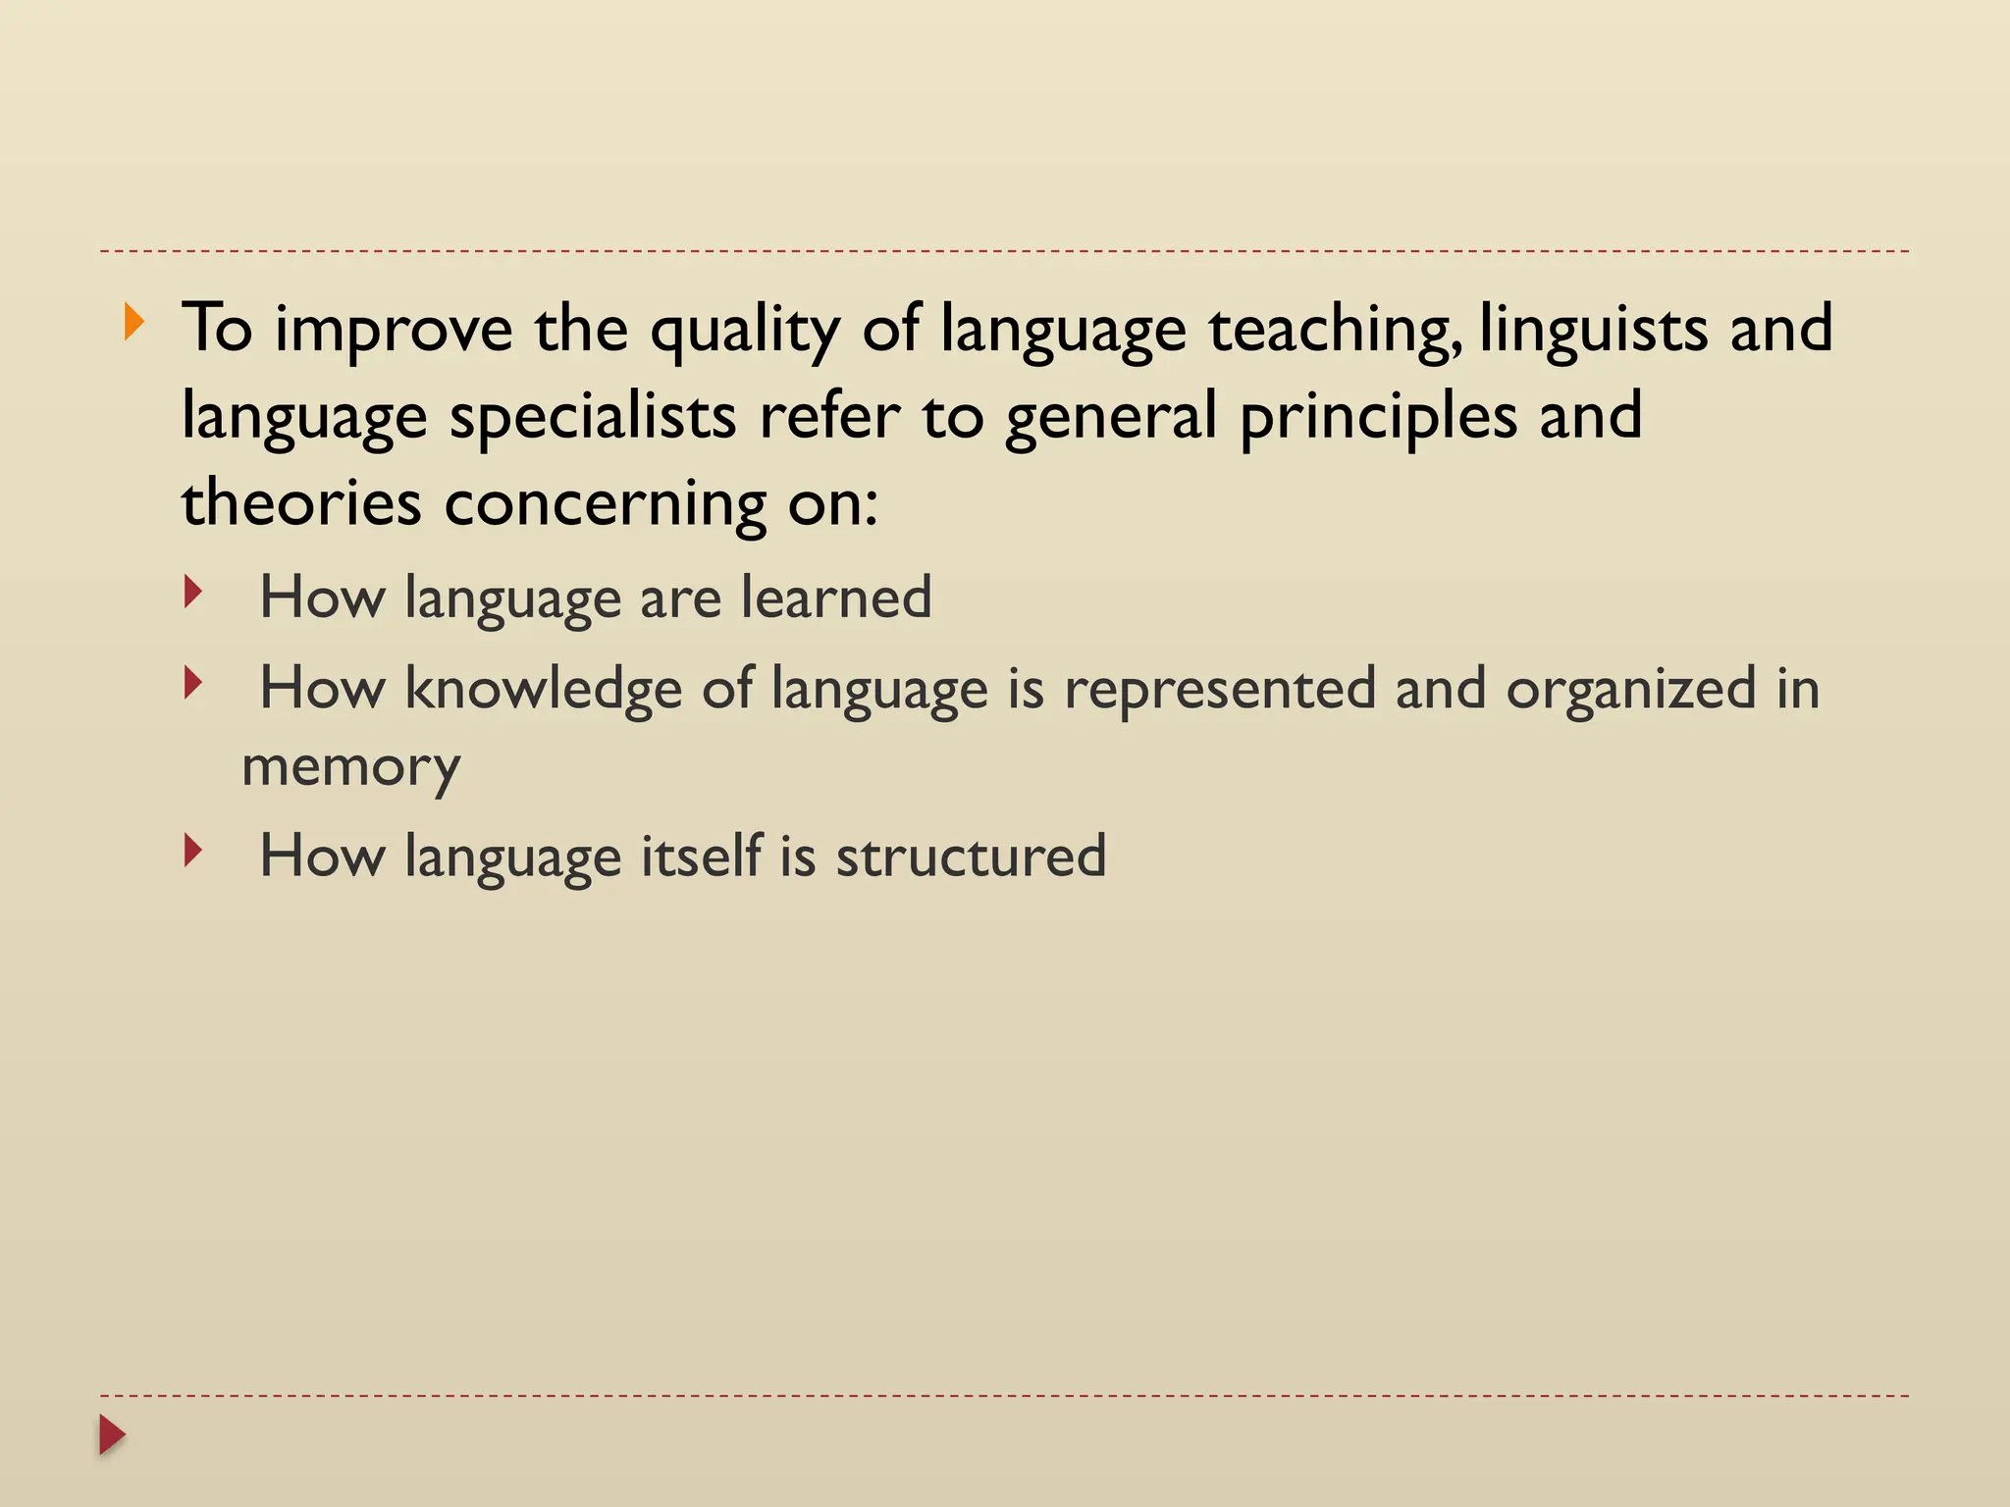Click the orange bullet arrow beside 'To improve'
pyautogui.click(x=134, y=323)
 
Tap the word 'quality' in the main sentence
pyautogui.click(x=745, y=331)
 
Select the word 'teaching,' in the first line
pyautogui.click(x=1335, y=331)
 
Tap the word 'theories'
pyautogui.click(x=301, y=503)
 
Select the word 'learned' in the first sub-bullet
pyautogui.click(x=835, y=598)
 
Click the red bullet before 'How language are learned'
pyautogui.click(x=193, y=592)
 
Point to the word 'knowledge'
pyautogui.click(x=543, y=688)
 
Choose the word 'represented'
pyautogui.click(x=1220, y=690)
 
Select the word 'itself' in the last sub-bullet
pyautogui.click(x=701, y=856)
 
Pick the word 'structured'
pyautogui.click(x=971, y=857)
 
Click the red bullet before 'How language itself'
pyautogui.click(x=193, y=851)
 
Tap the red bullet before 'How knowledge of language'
pyautogui.click(x=193, y=683)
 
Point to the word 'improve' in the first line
pyautogui.click(x=393, y=331)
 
